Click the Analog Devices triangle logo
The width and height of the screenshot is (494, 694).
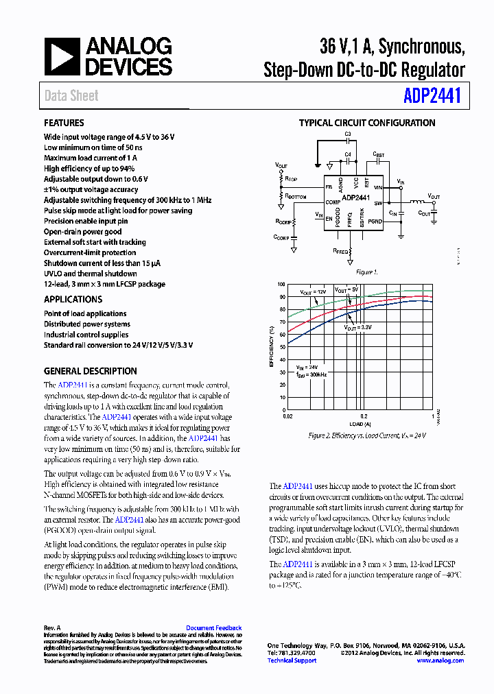62,56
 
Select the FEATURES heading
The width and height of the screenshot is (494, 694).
64,123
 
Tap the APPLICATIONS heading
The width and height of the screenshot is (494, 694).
73,299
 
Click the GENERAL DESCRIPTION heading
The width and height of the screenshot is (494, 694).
90,371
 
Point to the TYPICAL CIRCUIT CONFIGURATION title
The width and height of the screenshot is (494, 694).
366,123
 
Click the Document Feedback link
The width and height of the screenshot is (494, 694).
213,627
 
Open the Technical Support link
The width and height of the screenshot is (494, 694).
292,660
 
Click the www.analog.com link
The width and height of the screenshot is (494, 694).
440,660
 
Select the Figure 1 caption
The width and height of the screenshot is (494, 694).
366,272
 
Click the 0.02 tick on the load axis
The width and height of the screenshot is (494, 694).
289,416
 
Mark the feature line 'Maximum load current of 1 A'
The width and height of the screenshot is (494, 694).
91,158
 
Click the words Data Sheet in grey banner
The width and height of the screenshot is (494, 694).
71,96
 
